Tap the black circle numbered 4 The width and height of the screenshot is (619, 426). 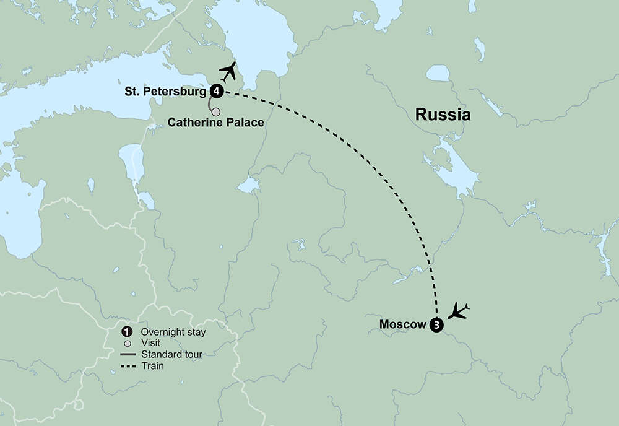pos(217,91)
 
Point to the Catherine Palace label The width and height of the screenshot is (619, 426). pos(216,123)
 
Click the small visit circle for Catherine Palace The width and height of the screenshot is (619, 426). pos(216,112)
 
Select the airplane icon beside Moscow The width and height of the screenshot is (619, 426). pos(459,310)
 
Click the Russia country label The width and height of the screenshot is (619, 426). pos(443,115)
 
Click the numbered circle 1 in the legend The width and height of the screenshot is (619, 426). pos(128,332)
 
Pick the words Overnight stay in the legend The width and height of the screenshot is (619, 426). pos(173,333)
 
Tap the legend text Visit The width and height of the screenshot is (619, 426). pos(150,344)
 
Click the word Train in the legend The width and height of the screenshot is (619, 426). pos(152,366)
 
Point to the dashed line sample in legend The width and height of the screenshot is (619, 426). pos(128,366)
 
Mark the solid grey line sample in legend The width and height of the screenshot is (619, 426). pos(128,355)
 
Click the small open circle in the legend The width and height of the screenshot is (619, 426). pos(128,344)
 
